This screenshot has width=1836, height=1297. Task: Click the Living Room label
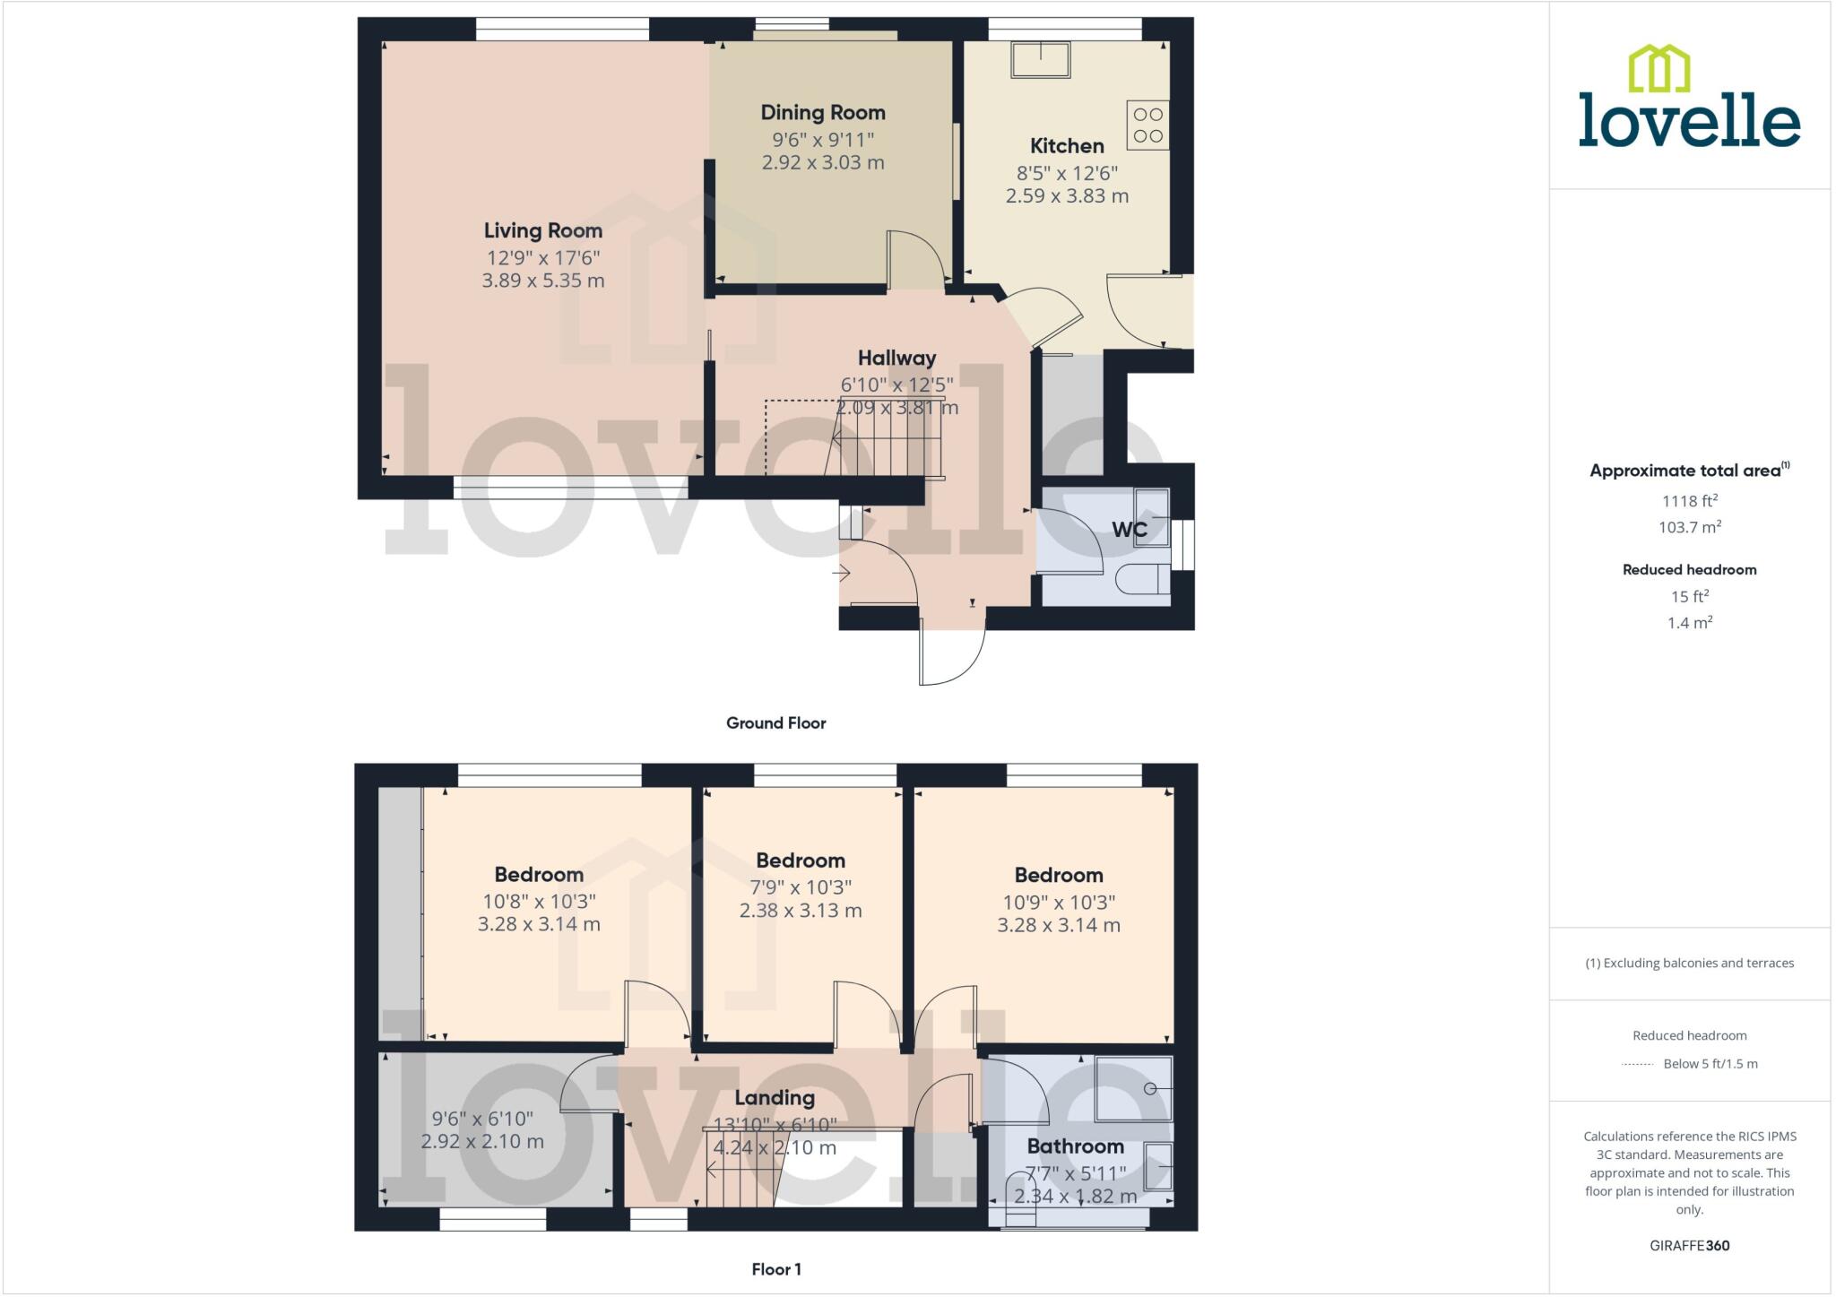(x=542, y=230)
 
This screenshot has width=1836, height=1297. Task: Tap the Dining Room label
(x=823, y=113)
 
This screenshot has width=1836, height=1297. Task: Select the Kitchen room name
(x=1067, y=146)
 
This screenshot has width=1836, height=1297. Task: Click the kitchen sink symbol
(x=1040, y=59)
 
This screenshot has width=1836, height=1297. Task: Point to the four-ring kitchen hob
(x=1147, y=125)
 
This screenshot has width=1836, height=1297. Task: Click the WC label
(x=1129, y=530)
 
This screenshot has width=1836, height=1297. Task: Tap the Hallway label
(x=896, y=359)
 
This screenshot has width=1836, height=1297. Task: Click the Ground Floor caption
(x=775, y=723)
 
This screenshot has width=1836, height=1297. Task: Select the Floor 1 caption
(x=776, y=1269)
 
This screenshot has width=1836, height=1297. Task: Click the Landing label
(x=775, y=1098)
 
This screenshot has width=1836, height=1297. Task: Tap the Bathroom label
(x=1075, y=1146)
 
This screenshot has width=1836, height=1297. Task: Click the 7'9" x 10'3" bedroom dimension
(x=801, y=887)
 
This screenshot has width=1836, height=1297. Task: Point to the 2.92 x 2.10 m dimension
(x=482, y=1142)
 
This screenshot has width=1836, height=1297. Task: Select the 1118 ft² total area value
(x=1689, y=501)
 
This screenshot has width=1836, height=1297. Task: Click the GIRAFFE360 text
(x=1689, y=1245)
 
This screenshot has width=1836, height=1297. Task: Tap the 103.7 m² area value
(x=1689, y=527)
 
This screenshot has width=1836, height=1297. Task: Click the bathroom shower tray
(x=1133, y=1089)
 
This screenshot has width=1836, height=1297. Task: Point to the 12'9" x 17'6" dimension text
(x=542, y=258)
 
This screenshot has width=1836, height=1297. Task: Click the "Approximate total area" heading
(x=1685, y=471)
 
